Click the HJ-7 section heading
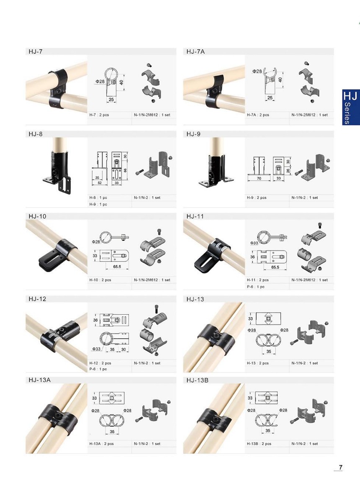pyautogui.click(x=35, y=51)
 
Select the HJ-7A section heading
pyautogui.click(x=195, y=51)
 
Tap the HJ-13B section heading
pyautogui.click(x=197, y=380)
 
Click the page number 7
pyautogui.click(x=341, y=467)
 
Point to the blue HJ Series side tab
pyautogui.click(x=351, y=108)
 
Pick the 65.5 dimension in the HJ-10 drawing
pyautogui.click(x=117, y=267)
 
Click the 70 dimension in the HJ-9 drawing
pyautogui.click(x=259, y=178)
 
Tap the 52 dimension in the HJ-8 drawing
pyautogui.click(x=100, y=183)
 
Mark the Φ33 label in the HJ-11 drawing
pyautogui.click(x=254, y=243)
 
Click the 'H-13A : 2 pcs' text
pyautogui.click(x=101, y=444)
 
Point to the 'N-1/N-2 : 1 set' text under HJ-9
pyautogui.click(x=305, y=198)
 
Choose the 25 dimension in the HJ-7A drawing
pyautogui.click(x=270, y=98)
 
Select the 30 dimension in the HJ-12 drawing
pyautogui.click(x=123, y=349)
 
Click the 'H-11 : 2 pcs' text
pyautogui.click(x=257, y=280)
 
